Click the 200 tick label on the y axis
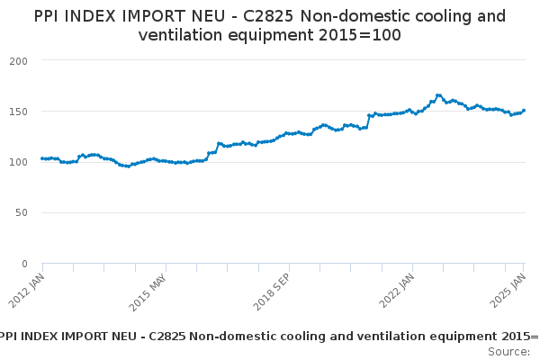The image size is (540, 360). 19,61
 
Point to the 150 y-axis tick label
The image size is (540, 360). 19,112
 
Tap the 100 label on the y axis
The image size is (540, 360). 19,162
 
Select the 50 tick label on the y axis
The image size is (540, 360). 22,213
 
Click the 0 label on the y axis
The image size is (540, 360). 24,265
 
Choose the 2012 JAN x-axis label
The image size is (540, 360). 27,291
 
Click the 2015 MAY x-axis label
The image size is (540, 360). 148,292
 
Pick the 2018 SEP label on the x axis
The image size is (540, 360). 272,292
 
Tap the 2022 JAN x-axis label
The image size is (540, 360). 397,291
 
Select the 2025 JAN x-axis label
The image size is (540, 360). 508,291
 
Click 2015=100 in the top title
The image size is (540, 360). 359,35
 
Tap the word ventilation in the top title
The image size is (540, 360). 180,35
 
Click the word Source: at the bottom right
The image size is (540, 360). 509,352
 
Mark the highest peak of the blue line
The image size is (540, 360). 438,95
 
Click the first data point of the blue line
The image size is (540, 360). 42,158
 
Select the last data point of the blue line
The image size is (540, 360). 524,111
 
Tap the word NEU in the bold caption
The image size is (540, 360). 125,337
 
